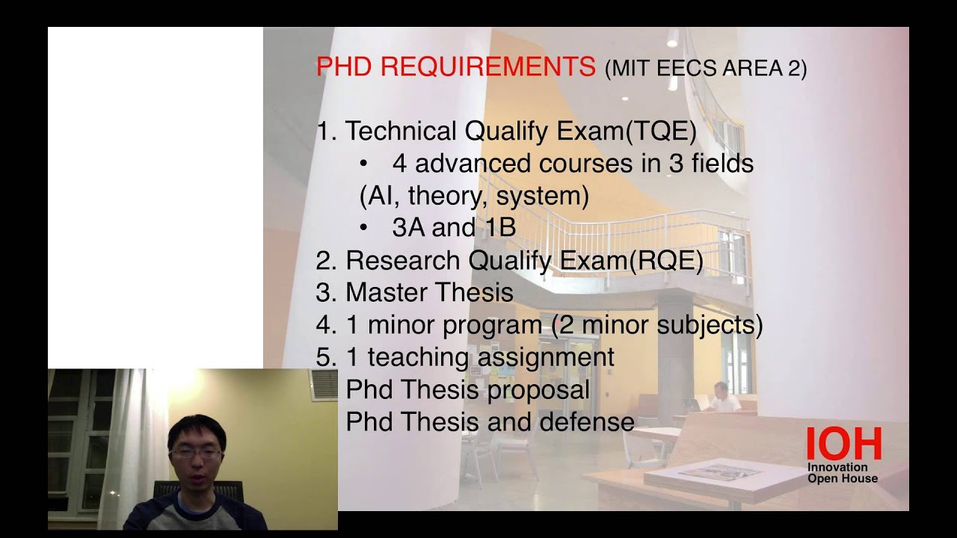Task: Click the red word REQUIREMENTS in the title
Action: tap(487, 67)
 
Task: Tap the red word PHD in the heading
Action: tap(345, 67)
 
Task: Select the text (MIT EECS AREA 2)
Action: tap(705, 69)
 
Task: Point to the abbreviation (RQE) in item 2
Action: tap(666, 261)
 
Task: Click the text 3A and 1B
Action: tap(454, 228)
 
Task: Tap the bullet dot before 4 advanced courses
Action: tap(364, 164)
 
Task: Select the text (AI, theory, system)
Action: tap(474, 196)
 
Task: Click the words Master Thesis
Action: tap(429, 293)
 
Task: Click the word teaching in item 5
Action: tap(419, 357)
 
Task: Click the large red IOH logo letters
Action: tap(843, 445)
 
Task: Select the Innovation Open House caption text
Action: tap(842, 473)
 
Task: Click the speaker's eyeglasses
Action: tap(195, 453)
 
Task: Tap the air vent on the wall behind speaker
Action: tap(324, 385)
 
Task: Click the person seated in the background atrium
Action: tap(721, 399)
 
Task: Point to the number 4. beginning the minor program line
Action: tap(327, 326)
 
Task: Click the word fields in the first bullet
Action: tap(721, 164)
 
